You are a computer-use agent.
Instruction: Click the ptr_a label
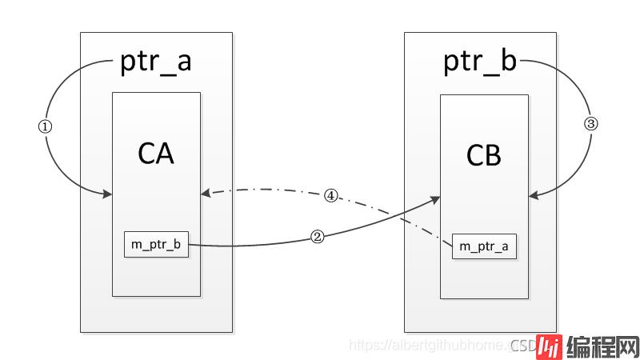click(155, 62)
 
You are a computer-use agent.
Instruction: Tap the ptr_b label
click(480, 62)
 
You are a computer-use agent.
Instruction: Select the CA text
click(155, 153)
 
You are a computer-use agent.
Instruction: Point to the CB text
click(483, 155)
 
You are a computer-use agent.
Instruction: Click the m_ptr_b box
click(156, 244)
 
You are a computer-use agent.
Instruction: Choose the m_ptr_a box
click(484, 246)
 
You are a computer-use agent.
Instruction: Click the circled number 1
click(45, 126)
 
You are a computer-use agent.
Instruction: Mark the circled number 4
click(330, 194)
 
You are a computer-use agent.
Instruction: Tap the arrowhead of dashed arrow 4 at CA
click(205, 192)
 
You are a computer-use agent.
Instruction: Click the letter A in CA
click(166, 153)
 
